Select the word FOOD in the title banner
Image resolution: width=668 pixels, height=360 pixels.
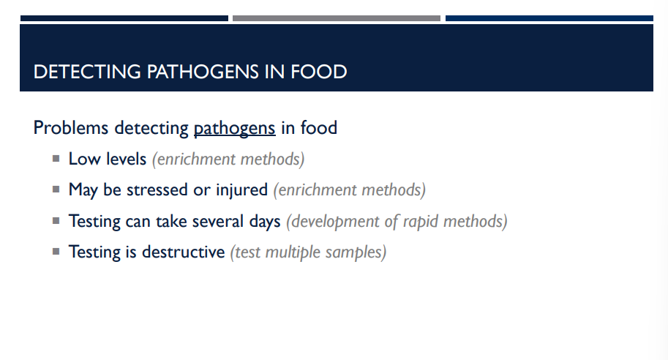(x=318, y=72)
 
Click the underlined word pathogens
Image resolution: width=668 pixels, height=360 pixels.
(x=234, y=128)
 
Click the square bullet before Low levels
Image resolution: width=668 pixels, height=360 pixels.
(x=56, y=157)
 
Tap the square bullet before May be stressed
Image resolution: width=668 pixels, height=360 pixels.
(x=56, y=189)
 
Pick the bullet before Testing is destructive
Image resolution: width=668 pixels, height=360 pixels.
(x=56, y=251)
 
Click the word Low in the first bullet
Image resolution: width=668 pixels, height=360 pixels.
(x=83, y=158)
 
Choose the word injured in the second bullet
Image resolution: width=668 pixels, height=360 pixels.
(x=241, y=190)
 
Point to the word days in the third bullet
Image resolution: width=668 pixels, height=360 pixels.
(x=264, y=221)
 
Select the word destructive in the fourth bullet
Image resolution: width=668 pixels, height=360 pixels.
(x=183, y=252)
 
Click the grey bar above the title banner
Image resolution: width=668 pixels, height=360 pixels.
(x=337, y=18)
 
